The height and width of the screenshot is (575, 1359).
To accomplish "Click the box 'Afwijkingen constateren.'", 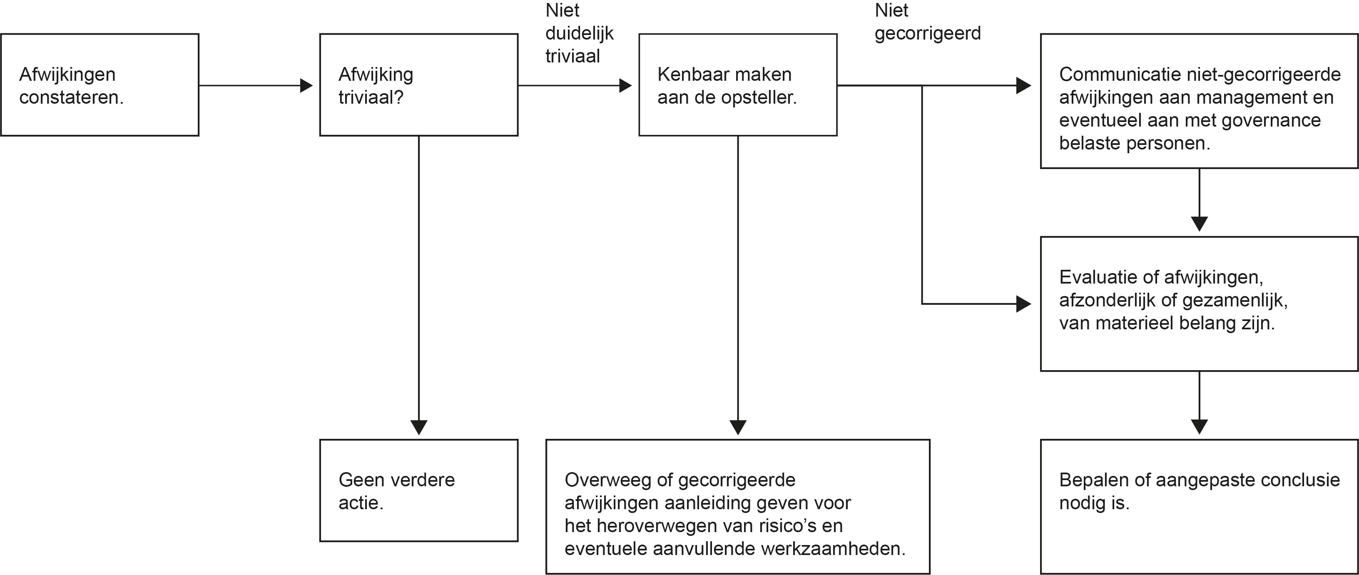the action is [100, 85].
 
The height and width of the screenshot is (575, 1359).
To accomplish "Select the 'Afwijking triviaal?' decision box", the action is [419, 85].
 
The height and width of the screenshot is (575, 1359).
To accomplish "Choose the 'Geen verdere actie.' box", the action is [419, 490].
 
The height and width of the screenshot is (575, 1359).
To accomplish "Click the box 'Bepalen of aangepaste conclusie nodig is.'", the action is [1199, 506].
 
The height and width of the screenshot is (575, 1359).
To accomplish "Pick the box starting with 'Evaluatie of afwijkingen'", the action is [1199, 304].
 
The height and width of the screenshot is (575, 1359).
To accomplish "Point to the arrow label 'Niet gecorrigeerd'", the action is [928, 22].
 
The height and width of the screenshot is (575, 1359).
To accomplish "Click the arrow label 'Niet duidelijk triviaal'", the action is [579, 33].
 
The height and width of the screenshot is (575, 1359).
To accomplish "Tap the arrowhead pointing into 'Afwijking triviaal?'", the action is [306, 85].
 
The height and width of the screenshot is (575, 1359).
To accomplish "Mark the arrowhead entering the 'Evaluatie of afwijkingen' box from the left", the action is [1024, 304].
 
